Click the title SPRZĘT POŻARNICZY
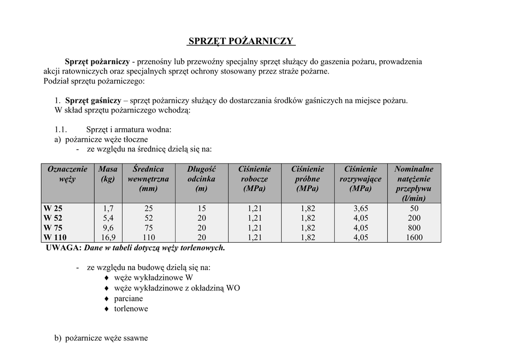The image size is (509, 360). pyautogui.click(x=241, y=41)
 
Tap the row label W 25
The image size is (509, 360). pyautogui.click(x=53, y=208)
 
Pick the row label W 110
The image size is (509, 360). pyautogui.click(x=55, y=237)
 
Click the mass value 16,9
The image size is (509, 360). pyautogui.click(x=108, y=237)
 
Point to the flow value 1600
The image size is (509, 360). pyautogui.click(x=414, y=237)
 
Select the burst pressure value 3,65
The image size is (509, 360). pyautogui.click(x=360, y=208)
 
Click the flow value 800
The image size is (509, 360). pyautogui.click(x=414, y=228)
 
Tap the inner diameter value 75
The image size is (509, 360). pyautogui.click(x=149, y=228)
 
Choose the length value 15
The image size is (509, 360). pyautogui.click(x=201, y=208)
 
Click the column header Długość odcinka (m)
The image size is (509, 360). pyautogui.click(x=201, y=179)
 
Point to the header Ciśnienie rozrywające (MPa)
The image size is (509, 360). pyautogui.click(x=360, y=179)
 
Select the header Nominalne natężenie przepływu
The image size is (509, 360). pyautogui.click(x=414, y=183)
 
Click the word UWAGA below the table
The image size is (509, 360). pyautogui.click(x=63, y=248)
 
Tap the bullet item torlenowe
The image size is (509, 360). pyautogui.click(x=131, y=309)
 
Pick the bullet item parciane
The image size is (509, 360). pyautogui.click(x=128, y=298)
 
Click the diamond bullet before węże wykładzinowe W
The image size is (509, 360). pyautogui.click(x=106, y=278)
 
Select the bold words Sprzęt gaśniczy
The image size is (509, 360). pyautogui.click(x=93, y=100)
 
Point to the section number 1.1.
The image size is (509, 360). pyautogui.click(x=61, y=130)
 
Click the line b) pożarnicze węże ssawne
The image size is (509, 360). pyautogui.click(x=101, y=339)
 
